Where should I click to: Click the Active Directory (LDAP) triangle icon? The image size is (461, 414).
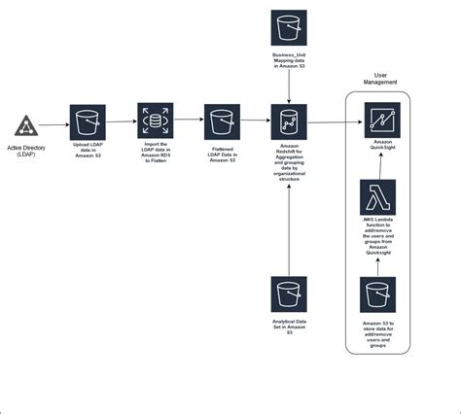(x=26, y=125)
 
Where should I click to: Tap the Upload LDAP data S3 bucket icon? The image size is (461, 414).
(x=89, y=121)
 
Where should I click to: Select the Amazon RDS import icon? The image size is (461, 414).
(x=155, y=121)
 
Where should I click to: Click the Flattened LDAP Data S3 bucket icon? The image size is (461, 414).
(x=222, y=121)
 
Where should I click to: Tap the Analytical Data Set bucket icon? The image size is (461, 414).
(x=289, y=294)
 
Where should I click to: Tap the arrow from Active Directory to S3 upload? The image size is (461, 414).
(x=54, y=122)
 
